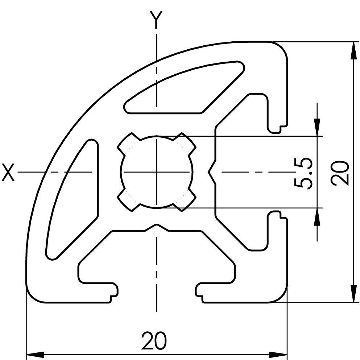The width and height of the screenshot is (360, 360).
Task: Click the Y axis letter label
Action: click(156, 20)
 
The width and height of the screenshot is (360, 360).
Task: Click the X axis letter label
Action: click(8, 172)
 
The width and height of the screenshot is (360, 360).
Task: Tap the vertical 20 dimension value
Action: click(340, 173)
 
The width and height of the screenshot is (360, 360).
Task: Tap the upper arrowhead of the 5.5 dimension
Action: click(317, 127)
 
